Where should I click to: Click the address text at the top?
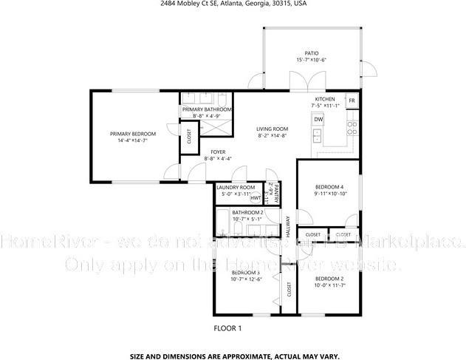click(233, 4)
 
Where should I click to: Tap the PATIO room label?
click(311, 52)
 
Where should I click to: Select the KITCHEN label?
click(325, 99)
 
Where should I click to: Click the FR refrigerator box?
click(352, 101)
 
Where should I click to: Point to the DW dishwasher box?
click(318, 119)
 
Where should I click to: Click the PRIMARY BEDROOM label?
click(133, 134)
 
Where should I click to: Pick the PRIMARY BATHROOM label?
click(207, 109)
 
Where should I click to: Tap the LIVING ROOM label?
click(272, 129)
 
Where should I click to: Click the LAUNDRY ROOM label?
click(236, 188)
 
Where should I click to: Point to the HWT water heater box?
click(256, 197)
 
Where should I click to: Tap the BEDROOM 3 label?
click(245, 272)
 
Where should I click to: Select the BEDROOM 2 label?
click(330, 279)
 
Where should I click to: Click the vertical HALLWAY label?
click(288, 223)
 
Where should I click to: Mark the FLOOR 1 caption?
click(227, 327)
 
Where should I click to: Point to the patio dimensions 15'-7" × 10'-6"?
click(311, 60)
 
